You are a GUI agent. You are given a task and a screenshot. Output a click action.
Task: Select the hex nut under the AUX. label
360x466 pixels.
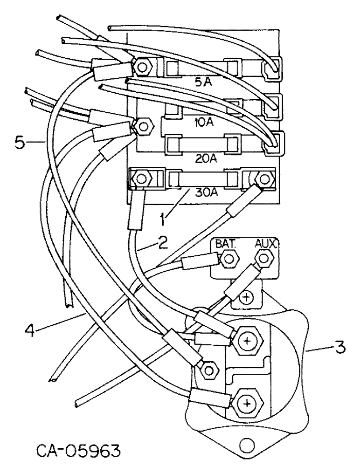tap(264, 258)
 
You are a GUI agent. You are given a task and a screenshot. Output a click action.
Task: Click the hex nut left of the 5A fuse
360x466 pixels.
tap(141, 68)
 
